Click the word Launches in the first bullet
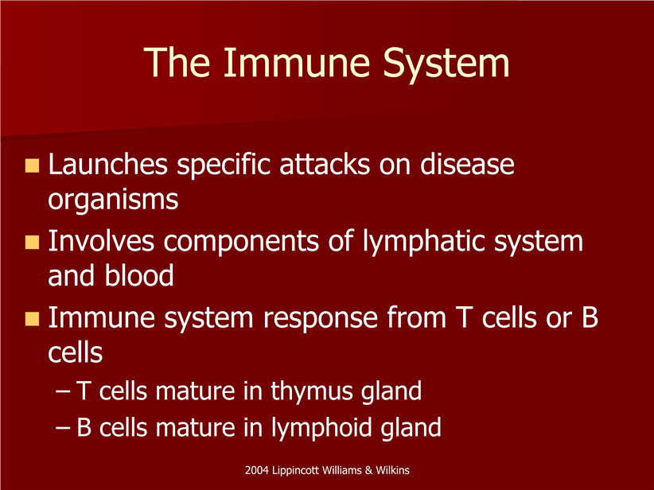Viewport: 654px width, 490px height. coord(107,164)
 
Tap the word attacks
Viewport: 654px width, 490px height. coord(325,164)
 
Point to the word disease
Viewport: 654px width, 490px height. coord(467,164)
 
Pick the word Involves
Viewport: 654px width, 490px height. coord(101,240)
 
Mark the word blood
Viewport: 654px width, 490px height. coord(139,275)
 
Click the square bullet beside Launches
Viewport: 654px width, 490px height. coord(32,165)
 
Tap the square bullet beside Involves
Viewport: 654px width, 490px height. coord(32,243)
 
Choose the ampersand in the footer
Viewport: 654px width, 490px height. coord(368,471)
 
